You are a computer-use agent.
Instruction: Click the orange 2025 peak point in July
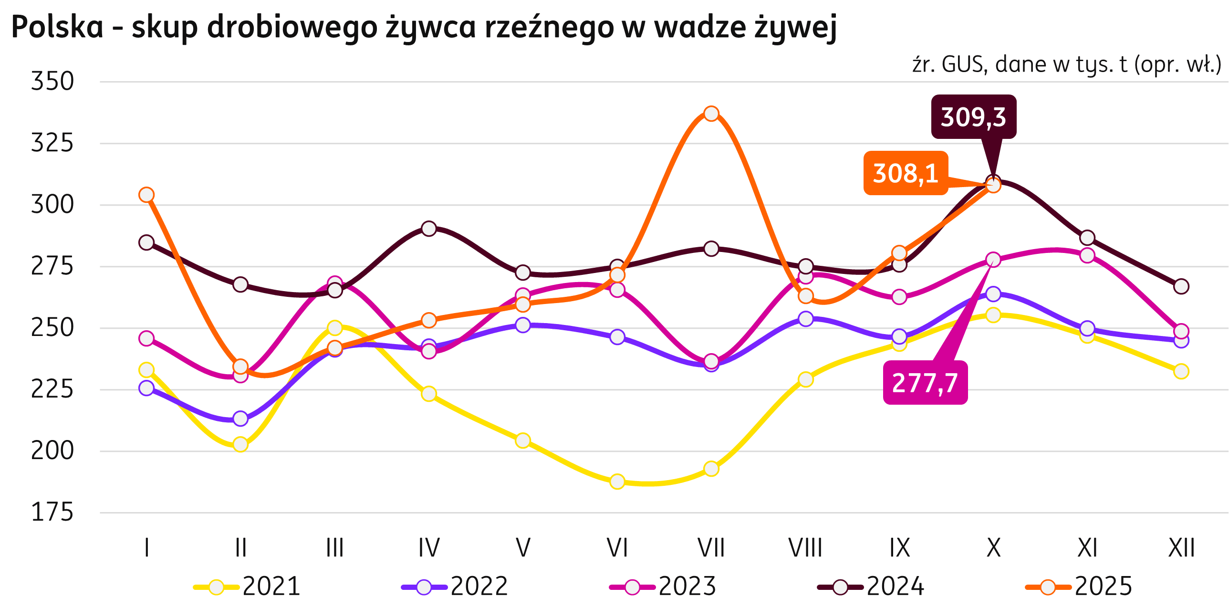[x=711, y=114]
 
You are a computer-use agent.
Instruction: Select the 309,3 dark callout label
[x=973, y=117]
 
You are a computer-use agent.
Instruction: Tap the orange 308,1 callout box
[x=905, y=173]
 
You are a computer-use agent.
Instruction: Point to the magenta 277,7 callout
[x=925, y=383]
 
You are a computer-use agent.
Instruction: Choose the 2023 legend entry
[x=664, y=587]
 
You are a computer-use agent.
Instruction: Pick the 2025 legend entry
[x=1080, y=587]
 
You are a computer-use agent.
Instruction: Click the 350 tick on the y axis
[x=52, y=82]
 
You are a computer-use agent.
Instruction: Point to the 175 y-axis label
[x=52, y=513]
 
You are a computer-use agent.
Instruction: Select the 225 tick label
[x=52, y=390]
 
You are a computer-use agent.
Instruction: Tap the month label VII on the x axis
[x=711, y=548]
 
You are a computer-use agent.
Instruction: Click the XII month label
[x=1181, y=548]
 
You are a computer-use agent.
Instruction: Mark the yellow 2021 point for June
[x=617, y=482]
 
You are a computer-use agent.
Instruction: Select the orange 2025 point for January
[x=146, y=195]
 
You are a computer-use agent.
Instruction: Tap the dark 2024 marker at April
[x=429, y=229]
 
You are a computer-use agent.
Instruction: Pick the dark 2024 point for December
[x=1181, y=287]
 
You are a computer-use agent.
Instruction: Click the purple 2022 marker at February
[x=240, y=419]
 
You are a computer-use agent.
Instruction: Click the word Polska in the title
[x=57, y=27]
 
